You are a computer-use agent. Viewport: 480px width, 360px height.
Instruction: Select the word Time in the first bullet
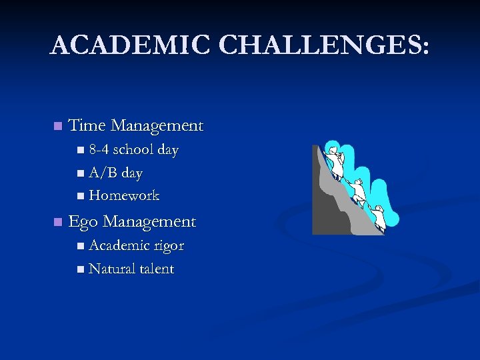pos(87,125)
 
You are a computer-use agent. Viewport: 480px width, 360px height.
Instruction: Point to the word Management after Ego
pos(150,221)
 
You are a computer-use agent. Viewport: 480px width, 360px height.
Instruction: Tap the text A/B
pos(103,173)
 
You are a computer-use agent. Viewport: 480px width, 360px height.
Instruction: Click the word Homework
pos(124,195)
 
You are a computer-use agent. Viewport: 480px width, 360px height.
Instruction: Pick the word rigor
pos(169,246)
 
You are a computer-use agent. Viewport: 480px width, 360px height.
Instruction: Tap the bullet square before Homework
pos(80,196)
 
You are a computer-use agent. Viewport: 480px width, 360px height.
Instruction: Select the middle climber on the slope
pos(357,192)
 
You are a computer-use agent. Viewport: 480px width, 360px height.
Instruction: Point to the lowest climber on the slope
pos(378,217)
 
